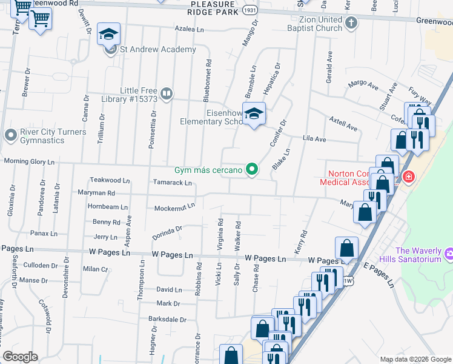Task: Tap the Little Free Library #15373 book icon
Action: tap(167, 94)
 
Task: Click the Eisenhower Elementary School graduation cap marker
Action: tap(254, 113)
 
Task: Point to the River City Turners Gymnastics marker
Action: tap(10, 135)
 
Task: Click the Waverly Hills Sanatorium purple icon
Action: tap(448, 252)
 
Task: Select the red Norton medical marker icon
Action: tap(409, 177)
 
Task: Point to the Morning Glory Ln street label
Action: tap(29, 162)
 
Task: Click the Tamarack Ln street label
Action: tap(171, 183)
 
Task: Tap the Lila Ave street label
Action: tap(314, 140)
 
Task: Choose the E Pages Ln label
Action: tap(379, 277)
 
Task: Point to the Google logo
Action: tap(20, 357)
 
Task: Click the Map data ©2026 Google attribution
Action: tap(415, 359)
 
